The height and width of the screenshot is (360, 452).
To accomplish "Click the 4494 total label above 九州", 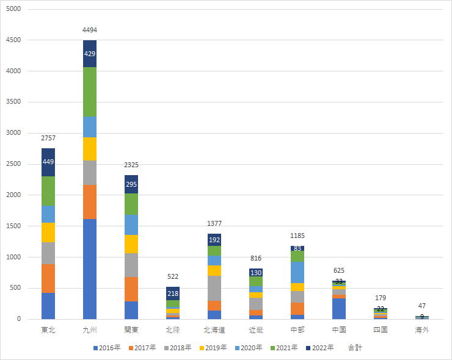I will pyautogui.click(x=90, y=30).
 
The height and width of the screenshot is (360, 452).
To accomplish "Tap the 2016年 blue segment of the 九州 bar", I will pyautogui.click(x=90, y=268).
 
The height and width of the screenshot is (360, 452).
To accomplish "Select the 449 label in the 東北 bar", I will pyautogui.click(x=48, y=162).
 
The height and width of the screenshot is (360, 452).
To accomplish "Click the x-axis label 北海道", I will pyautogui.click(x=214, y=330).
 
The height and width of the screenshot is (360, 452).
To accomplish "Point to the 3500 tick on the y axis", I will pyautogui.click(x=13, y=103).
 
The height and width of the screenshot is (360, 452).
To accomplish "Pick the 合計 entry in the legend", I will pyautogui.click(x=355, y=348).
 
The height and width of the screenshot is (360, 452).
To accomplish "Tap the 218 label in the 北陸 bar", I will pyautogui.click(x=173, y=293).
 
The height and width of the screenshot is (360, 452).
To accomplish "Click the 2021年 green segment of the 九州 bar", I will pyautogui.click(x=90, y=92).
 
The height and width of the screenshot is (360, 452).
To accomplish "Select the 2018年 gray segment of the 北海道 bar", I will pyautogui.click(x=214, y=288).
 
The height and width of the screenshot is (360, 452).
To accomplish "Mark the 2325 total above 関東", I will pyautogui.click(x=131, y=165).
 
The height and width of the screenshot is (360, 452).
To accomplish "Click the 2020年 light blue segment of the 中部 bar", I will pyautogui.click(x=297, y=272).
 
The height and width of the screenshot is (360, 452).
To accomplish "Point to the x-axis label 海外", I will pyautogui.click(x=422, y=330).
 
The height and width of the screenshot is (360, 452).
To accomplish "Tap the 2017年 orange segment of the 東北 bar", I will pyautogui.click(x=48, y=278).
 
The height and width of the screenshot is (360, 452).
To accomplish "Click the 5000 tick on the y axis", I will pyautogui.click(x=13, y=10).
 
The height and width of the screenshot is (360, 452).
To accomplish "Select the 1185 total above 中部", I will pyautogui.click(x=297, y=236).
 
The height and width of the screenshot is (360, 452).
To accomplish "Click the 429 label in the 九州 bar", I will pyautogui.click(x=90, y=54).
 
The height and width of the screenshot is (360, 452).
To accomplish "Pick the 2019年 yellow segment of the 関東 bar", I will pyautogui.click(x=131, y=244).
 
